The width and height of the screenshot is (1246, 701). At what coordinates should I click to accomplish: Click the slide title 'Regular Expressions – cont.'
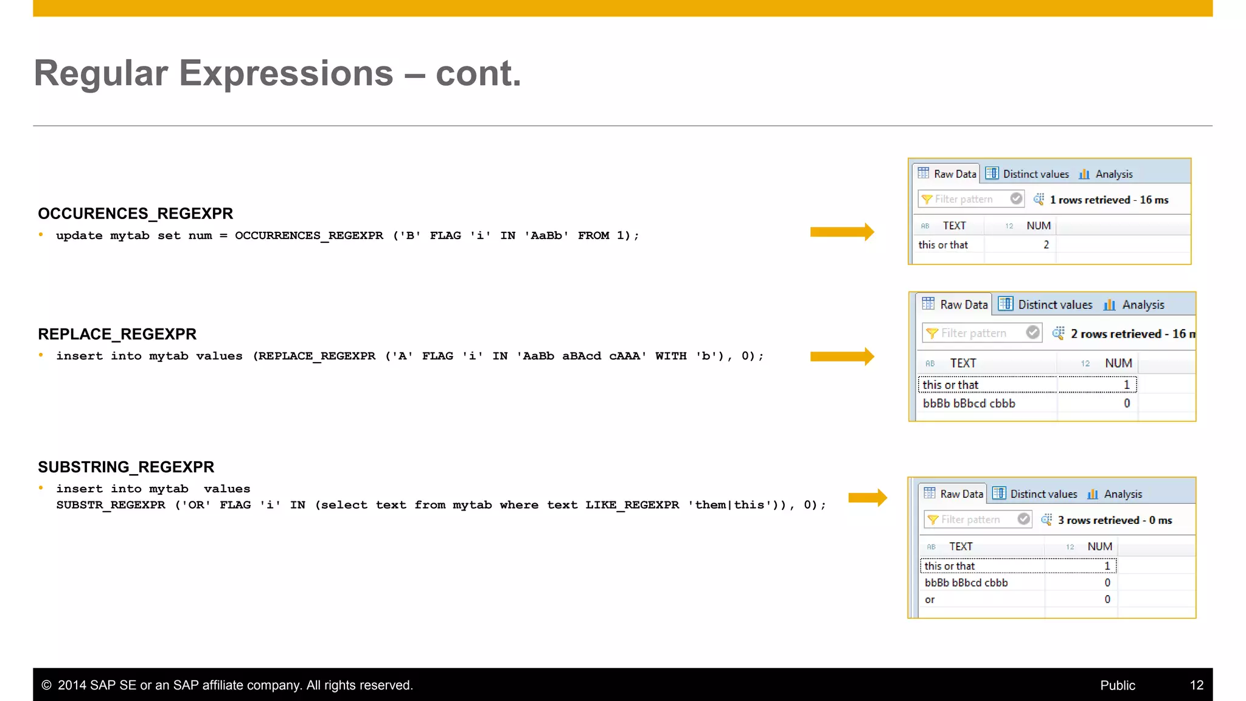[x=277, y=74]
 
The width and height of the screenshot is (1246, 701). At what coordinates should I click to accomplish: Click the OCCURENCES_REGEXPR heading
[x=135, y=214]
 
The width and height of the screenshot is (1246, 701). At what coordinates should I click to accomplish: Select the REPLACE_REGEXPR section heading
[x=117, y=334]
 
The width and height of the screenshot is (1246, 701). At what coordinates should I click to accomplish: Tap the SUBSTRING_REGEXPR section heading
[x=126, y=467]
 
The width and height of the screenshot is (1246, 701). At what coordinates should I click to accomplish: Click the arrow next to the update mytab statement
[x=842, y=232]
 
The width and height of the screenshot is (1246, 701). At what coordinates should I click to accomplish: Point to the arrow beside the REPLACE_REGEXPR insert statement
[x=842, y=357]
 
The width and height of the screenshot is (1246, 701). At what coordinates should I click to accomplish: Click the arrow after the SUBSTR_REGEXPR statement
[x=868, y=498]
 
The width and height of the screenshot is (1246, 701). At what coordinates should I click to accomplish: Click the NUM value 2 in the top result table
[x=1046, y=245]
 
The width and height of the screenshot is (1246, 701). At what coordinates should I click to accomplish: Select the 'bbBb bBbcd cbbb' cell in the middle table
[x=969, y=403]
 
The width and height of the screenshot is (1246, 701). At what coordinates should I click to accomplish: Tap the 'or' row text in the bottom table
[x=930, y=600]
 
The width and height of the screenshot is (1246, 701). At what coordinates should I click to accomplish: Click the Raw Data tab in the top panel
[x=947, y=174]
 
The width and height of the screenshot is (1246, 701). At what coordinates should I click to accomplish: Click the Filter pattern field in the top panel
[x=964, y=200]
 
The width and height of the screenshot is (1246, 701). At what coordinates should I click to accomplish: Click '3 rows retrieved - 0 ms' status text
[x=1115, y=520]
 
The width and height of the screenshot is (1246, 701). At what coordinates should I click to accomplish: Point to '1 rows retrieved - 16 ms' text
[x=1109, y=200]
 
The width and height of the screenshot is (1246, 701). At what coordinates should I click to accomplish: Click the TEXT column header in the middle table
[x=963, y=363]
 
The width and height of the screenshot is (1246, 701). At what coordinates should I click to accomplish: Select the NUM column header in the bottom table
[x=1099, y=546]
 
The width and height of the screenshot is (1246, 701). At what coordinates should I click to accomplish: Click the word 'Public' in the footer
[x=1118, y=685]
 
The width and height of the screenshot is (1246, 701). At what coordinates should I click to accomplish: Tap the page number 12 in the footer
[x=1197, y=685]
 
